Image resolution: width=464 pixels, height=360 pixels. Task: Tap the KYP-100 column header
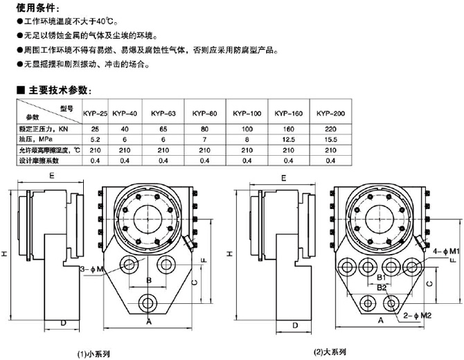(247, 113)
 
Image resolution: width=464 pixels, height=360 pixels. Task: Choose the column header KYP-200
(331, 113)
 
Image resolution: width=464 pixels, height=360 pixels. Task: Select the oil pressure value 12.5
(289, 139)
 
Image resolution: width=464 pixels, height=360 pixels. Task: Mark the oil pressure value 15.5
(331, 139)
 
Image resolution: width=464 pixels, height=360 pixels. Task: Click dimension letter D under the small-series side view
(63, 323)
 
